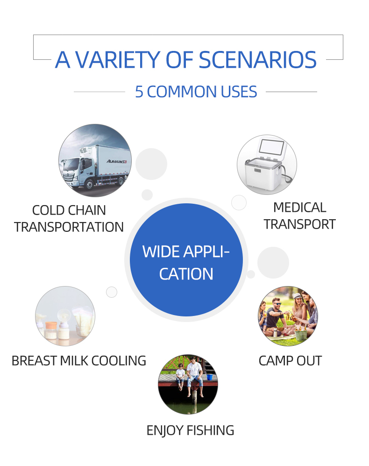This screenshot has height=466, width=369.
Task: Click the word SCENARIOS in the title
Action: pyautogui.click(x=257, y=60)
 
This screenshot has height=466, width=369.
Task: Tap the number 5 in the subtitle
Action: pyautogui.click(x=139, y=92)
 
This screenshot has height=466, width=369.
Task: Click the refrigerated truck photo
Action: pyautogui.click(x=95, y=160)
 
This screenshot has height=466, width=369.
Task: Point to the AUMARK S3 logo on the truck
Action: pyautogui.click(x=117, y=161)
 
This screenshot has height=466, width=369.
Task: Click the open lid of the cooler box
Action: pyautogui.click(x=271, y=147)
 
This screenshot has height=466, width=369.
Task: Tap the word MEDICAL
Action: pyautogui.click(x=299, y=208)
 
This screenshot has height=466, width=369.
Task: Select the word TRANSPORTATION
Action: pyautogui.click(x=69, y=227)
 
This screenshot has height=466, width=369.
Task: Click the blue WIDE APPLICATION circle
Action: pyautogui.click(x=186, y=260)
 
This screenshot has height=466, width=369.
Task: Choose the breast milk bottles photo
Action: pyautogui.click(x=65, y=316)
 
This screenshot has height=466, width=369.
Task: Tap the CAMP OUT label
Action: pyautogui.click(x=290, y=361)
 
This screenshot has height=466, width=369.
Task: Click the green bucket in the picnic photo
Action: pyautogui.click(x=301, y=334)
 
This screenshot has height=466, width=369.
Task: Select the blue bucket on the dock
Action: pyautogui.click(x=209, y=377)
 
